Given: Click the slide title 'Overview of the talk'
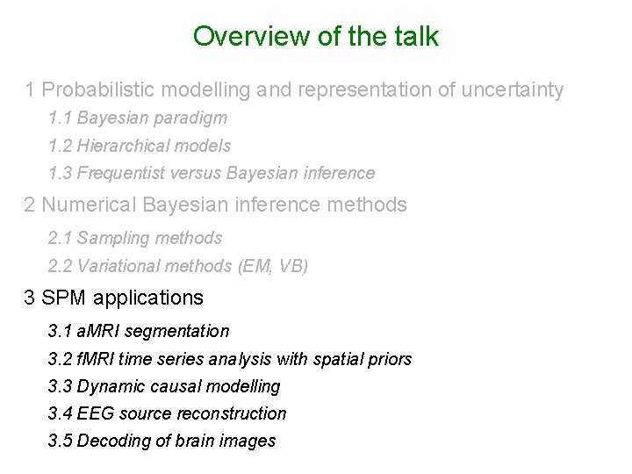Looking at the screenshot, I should pyautogui.click(x=316, y=37).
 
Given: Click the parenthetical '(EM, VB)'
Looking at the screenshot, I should pyautogui.click(x=273, y=266).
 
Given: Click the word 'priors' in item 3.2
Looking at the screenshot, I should pyautogui.click(x=391, y=359).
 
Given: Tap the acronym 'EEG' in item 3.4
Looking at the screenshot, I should pyautogui.click(x=94, y=413).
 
